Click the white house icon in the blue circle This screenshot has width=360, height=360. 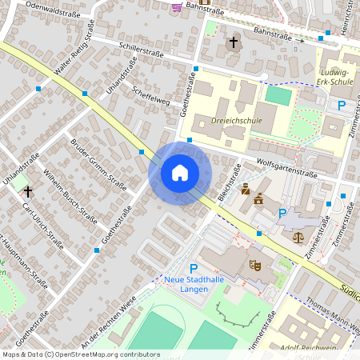pos(180,173)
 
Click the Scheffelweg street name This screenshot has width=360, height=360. pos(152,95)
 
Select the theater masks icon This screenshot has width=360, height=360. pos(256,264)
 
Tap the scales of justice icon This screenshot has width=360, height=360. pos(299,236)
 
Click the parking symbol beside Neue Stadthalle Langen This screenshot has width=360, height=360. pos(193,269)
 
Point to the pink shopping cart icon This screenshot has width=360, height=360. pos(176,7)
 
